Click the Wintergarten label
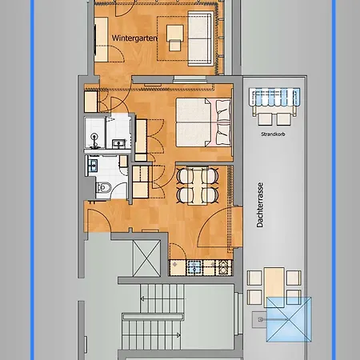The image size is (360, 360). pyautogui.click(x=134, y=38)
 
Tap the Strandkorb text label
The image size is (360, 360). pyautogui.click(x=273, y=134)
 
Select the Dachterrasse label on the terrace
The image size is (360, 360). pyautogui.click(x=260, y=205)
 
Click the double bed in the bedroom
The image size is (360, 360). pyautogui.click(x=203, y=122)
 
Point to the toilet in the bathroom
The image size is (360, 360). pyautogui.click(x=103, y=187)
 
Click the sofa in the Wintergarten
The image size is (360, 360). pyautogui.click(x=201, y=38)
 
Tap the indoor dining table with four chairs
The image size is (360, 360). pyautogui.click(x=198, y=186)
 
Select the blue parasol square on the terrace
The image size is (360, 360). pyautogui.click(x=289, y=319)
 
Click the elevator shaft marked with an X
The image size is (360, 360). pyautogui.click(x=146, y=258)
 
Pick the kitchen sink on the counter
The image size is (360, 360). pyautogui.click(x=194, y=267)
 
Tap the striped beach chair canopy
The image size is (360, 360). pyautogui.click(x=275, y=97)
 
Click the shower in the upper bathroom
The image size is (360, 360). pyautogui.click(x=94, y=133)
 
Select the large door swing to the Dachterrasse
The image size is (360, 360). pyautogui.click(x=214, y=226)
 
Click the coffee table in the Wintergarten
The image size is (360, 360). pyautogui.click(x=175, y=38)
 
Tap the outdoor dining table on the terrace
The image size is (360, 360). pyautogui.click(x=274, y=287)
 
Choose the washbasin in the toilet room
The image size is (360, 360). pyautogui.click(x=93, y=166)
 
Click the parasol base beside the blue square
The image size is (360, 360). pyautogui.click(x=259, y=319)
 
